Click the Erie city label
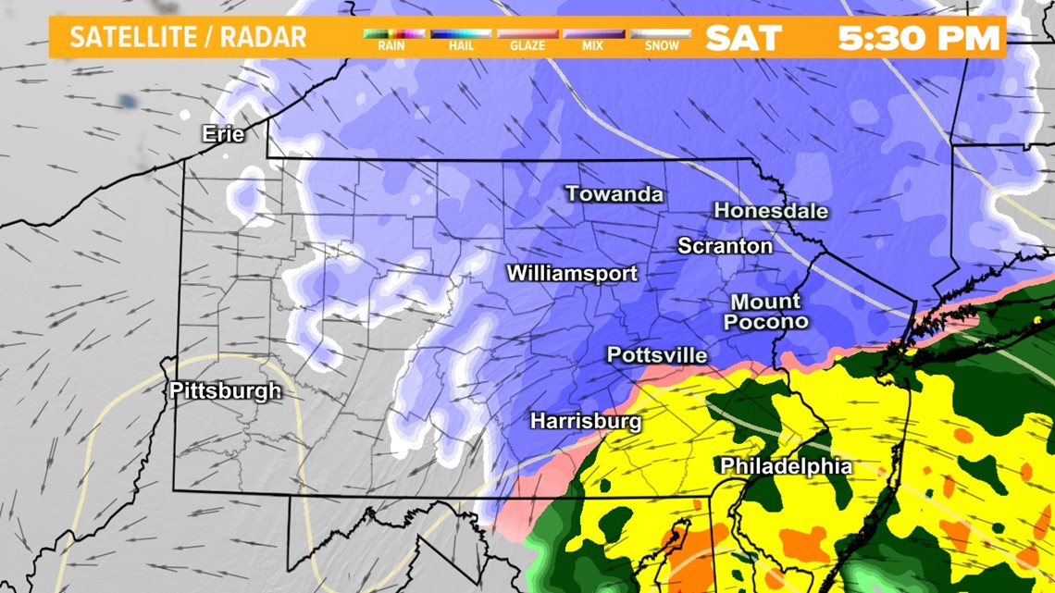point(223,135)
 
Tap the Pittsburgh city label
point(225,391)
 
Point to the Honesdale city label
point(771,211)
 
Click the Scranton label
point(725,246)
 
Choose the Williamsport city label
point(572,274)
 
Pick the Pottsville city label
point(656,355)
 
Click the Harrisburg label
point(586,421)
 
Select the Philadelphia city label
point(786,466)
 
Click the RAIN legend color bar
point(392,33)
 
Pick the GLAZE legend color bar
point(527,33)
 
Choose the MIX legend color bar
point(593,33)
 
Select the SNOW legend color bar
point(660,33)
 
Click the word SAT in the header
point(743,39)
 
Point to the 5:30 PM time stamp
point(919,39)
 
